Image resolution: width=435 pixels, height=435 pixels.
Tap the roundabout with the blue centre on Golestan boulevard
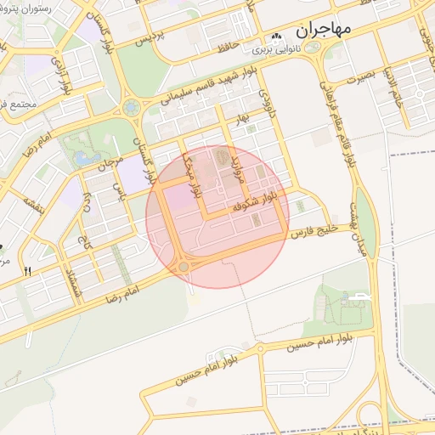click(x=131, y=108)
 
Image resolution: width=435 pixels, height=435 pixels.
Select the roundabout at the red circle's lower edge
click(x=184, y=267)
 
